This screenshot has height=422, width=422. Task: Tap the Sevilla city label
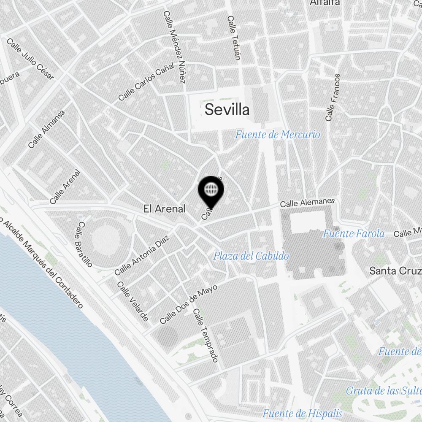pyautogui.click(x=227, y=110)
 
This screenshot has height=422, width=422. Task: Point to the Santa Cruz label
pyautogui.click(x=395, y=271)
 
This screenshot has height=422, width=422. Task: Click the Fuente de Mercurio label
pyautogui.click(x=277, y=135)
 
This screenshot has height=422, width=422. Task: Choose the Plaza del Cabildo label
pyautogui.click(x=251, y=256)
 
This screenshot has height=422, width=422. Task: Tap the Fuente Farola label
pyautogui.click(x=354, y=233)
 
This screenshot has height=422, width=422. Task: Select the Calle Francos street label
pyautogui.click(x=333, y=97)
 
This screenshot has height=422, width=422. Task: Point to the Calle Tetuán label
pyautogui.click(x=233, y=38)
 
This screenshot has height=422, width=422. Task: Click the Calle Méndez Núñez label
pyautogui.click(x=174, y=46)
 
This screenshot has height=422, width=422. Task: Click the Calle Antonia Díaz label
pyautogui.click(x=141, y=255)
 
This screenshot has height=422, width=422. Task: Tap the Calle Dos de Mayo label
pyautogui.click(x=189, y=304)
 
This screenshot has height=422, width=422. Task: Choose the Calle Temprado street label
pyautogui.click(x=206, y=335)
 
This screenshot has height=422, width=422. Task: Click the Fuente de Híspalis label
pyautogui.click(x=302, y=413)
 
